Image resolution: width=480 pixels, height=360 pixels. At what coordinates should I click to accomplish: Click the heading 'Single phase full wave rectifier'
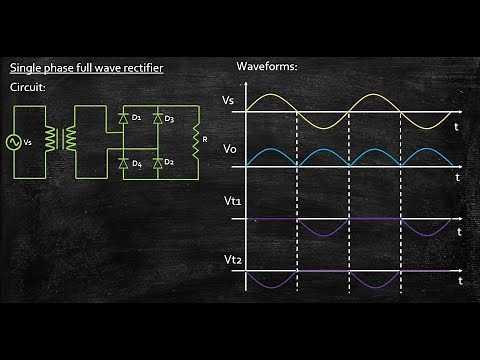coord(86,68)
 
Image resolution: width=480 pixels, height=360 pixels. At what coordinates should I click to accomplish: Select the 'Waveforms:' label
coord(268,66)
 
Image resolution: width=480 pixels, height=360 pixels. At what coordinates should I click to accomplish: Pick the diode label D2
coord(170,162)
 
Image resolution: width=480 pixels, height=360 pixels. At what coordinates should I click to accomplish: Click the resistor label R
coord(204,139)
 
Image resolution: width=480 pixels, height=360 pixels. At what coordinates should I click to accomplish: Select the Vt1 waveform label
coord(232,202)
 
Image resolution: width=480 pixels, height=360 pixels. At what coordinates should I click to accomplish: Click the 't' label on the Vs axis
coord(456,128)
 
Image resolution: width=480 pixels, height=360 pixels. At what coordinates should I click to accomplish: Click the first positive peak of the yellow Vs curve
coord(271,96)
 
